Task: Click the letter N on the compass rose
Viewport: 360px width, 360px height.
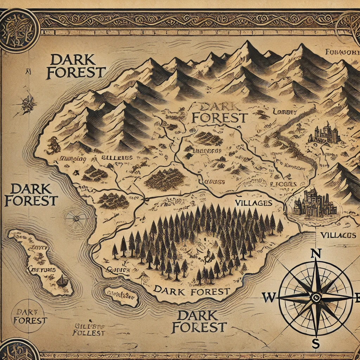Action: (x=316, y=253)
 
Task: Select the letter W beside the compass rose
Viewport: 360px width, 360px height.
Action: (x=269, y=298)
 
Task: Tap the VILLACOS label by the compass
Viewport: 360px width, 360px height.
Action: (x=338, y=235)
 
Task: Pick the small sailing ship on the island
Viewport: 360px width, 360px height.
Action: (x=63, y=280)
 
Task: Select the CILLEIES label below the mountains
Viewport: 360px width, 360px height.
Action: (x=117, y=158)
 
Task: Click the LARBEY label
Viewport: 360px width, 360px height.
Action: (x=285, y=112)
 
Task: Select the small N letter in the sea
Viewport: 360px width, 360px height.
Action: (x=28, y=71)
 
